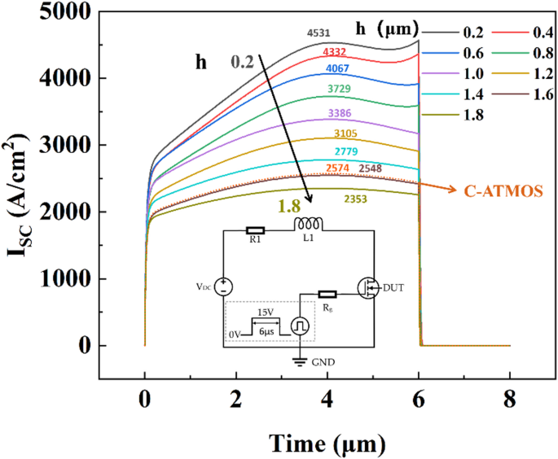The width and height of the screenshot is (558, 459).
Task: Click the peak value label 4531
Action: pos(319,33)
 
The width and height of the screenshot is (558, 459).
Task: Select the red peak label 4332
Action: pos(334,52)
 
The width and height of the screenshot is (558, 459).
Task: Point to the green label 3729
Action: pos(339,87)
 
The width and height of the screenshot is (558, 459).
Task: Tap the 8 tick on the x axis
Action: pos(508,400)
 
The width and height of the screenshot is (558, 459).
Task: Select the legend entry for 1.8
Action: pos(462,115)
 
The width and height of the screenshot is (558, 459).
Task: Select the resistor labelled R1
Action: pos(255,230)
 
